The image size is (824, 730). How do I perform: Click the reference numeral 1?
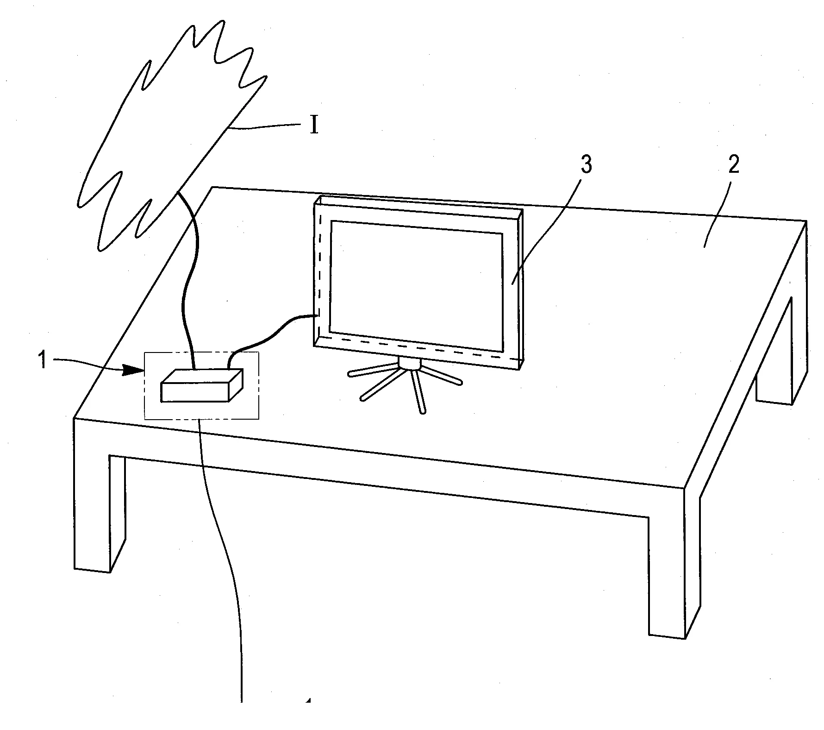click(x=43, y=360)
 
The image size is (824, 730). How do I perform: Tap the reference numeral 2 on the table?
click(x=733, y=165)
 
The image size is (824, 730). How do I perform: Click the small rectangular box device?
click(x=202, y=385)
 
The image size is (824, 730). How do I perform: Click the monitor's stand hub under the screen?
click(x=409, y=363)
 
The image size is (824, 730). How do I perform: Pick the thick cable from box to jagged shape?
click(x=187, y=278)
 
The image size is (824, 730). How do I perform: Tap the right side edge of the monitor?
click(x=520, y=289)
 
